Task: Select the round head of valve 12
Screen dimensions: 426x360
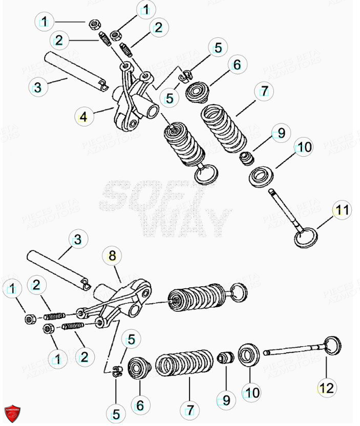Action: (332, 345)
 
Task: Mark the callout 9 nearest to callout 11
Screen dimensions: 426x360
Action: (280, 134)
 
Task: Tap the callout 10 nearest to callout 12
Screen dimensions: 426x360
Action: (251, 393)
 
